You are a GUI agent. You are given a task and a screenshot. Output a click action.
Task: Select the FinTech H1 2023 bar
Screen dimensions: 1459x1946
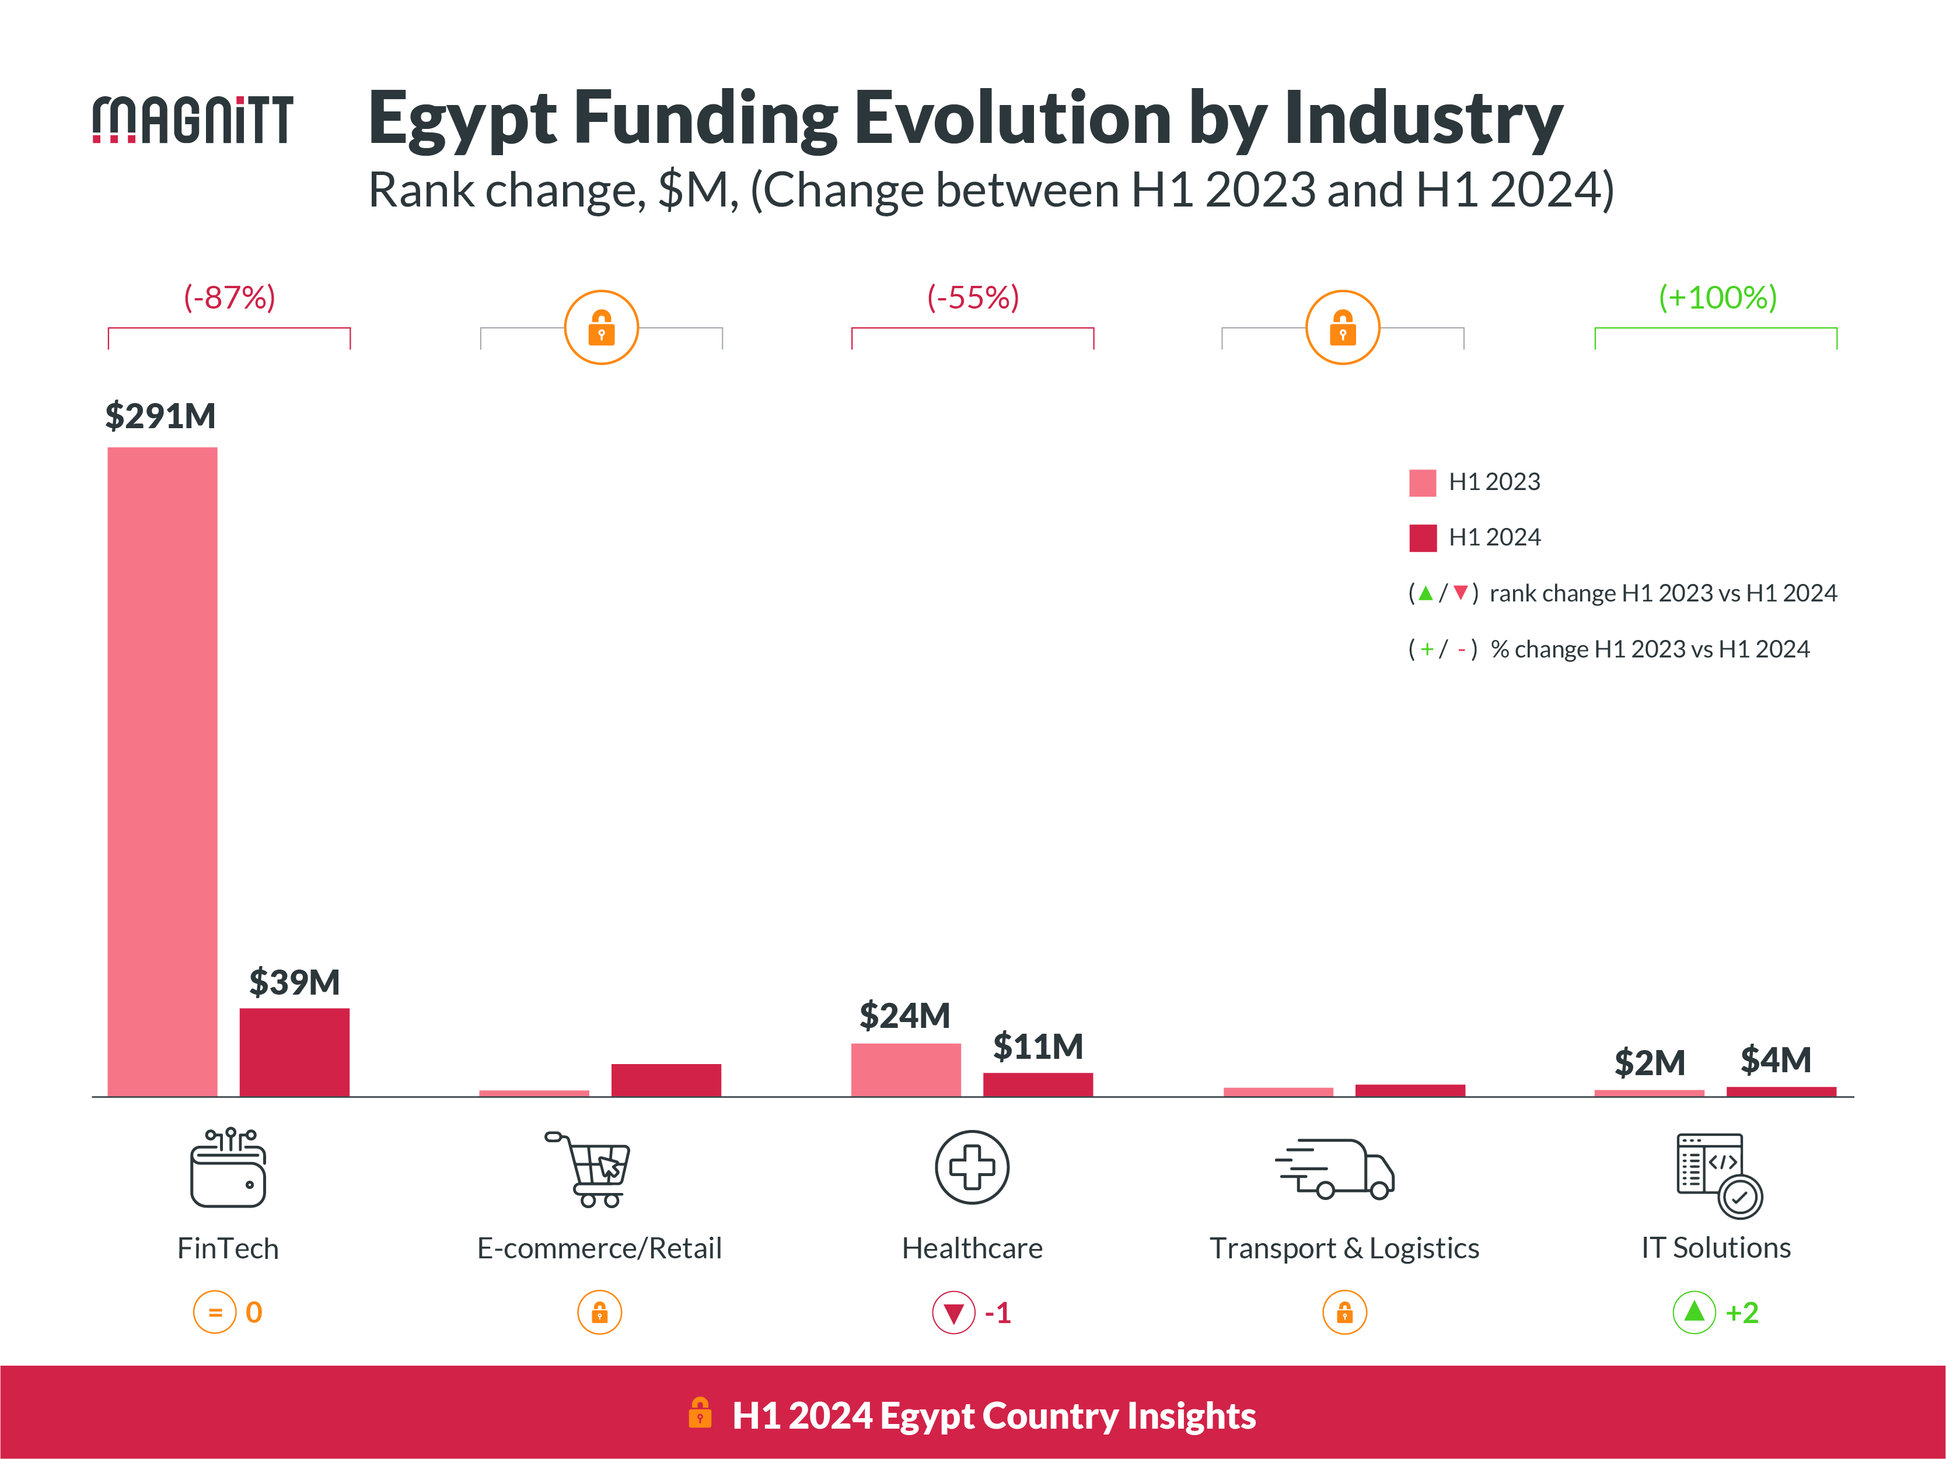click(x=162, y=771)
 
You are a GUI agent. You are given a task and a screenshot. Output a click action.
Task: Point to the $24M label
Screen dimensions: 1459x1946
click(x=904, y=1016)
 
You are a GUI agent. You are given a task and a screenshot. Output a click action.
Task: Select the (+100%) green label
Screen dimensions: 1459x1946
click(x=1717, y=298)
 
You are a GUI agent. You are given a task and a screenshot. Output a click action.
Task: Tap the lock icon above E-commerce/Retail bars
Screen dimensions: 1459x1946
click(x=601, y=327)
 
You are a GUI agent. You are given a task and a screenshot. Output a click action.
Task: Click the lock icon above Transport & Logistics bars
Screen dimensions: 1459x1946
click(x=1343, y=327)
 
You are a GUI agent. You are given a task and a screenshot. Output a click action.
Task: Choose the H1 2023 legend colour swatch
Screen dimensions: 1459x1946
click(x=1423, y=483)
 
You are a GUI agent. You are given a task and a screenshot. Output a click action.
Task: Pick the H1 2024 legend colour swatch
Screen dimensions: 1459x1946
click(x=1423, y=537)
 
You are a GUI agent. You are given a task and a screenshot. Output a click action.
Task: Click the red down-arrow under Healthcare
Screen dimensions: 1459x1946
click(x=953, y=1313)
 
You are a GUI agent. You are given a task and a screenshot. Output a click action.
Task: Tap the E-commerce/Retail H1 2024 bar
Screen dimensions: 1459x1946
click(x=666, y=1079)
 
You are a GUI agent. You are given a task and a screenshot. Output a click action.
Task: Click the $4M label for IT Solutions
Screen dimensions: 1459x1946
click(x=1776, y=1060)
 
